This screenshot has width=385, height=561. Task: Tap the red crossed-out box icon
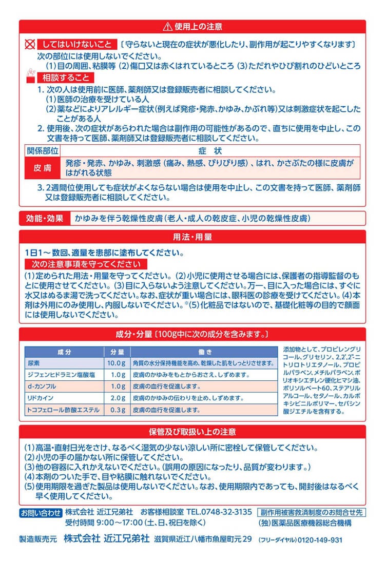tap(30, 45)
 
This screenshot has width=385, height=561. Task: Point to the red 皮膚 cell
tap(43, 168)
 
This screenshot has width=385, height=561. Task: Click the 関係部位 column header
tap(43, 151)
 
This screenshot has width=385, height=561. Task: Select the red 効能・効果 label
tap(45, 218)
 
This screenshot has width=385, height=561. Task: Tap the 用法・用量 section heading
tap(192, 238)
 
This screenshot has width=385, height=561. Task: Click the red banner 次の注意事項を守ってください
tap(86, 264)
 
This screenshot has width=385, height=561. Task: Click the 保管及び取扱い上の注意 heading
tap(192, 432)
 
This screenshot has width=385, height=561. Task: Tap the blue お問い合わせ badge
tap(41, 512)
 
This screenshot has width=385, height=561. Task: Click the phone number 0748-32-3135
tap(227, 512)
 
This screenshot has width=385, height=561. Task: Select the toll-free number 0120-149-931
tap(316, 540)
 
